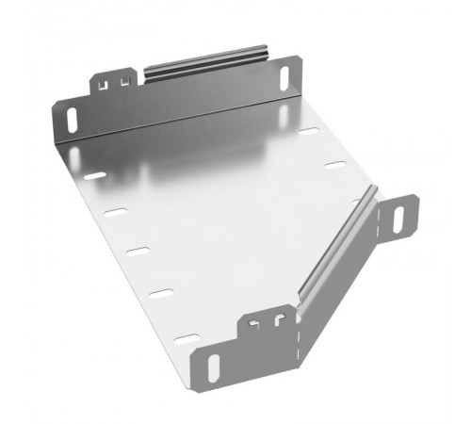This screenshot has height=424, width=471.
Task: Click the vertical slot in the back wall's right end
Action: pyautogui.click(x=284, y=73)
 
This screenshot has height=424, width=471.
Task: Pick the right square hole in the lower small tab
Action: pyautogui.click(x=278, y=321)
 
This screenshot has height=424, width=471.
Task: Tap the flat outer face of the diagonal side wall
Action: pyautogui.click(x=353, y=259)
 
